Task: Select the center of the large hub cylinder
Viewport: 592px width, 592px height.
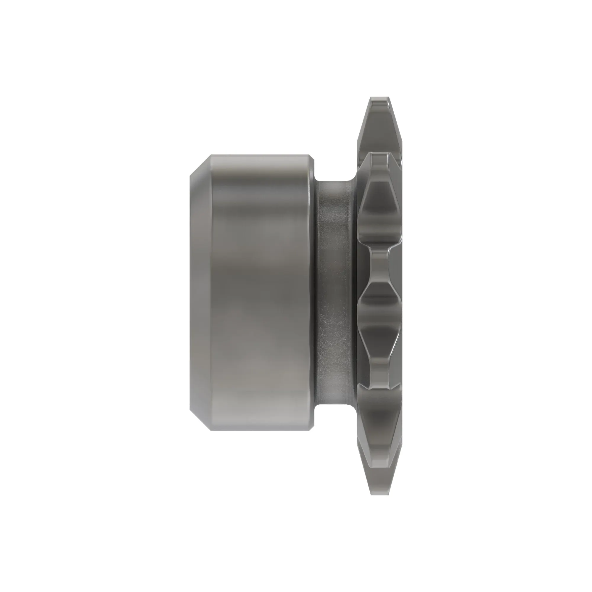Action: pos(260,293)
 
